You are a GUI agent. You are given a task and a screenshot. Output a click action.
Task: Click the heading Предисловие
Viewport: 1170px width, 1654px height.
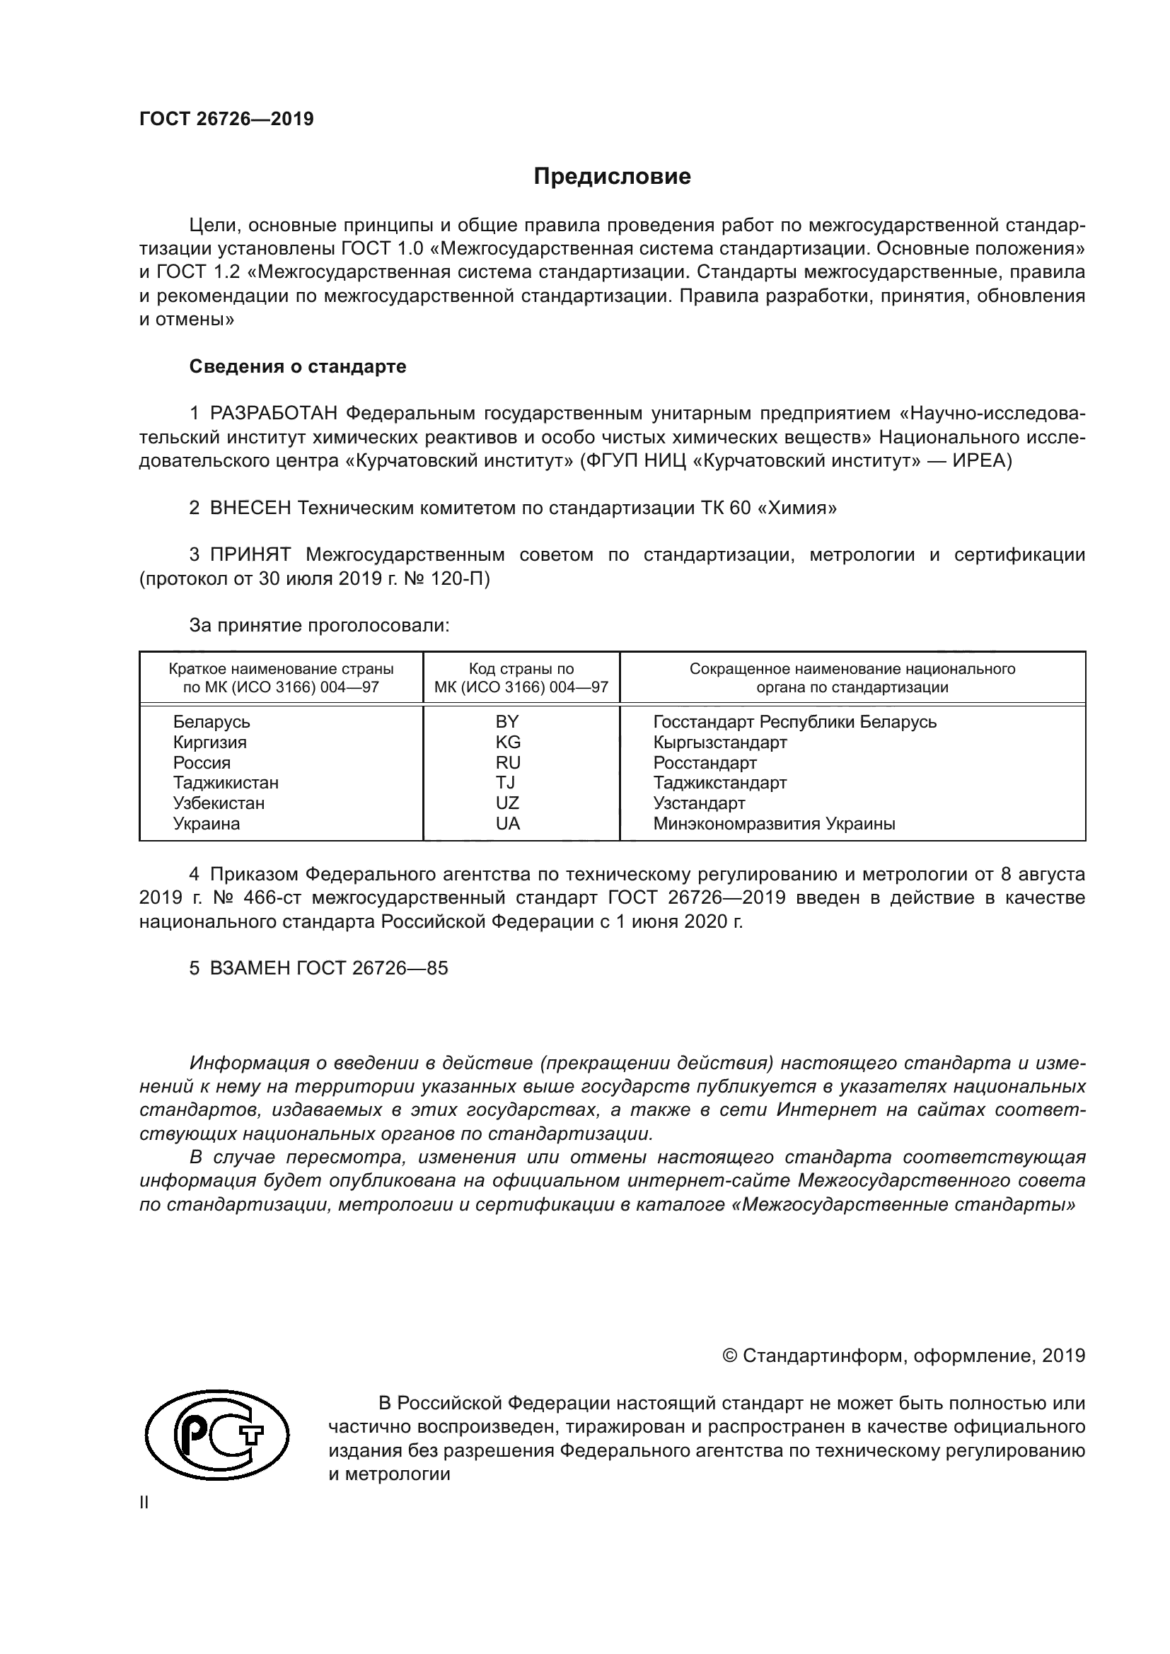(612, 177)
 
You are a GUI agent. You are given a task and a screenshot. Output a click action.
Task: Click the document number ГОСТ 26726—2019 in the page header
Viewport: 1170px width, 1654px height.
(226, 119)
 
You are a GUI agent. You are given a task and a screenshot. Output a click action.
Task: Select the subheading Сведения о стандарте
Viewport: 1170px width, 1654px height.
(298, 367)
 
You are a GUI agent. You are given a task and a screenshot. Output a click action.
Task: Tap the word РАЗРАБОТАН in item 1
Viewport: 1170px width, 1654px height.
(274, 414)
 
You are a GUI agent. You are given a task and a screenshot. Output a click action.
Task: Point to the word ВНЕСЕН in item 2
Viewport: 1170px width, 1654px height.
(250, 508)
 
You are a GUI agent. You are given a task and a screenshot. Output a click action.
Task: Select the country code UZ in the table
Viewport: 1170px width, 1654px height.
(507, 803)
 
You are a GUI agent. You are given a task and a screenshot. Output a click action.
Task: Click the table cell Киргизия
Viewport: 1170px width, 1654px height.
(209, 742)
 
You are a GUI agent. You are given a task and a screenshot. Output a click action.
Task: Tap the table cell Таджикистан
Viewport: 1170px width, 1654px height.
(226, 782)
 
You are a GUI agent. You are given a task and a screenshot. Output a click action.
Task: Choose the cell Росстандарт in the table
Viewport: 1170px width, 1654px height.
(705, 762)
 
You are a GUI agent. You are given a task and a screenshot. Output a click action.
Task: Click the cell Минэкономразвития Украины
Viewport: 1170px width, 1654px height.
(774, 823)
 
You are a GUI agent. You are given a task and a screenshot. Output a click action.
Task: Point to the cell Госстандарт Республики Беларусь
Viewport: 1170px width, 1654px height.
(794, 722)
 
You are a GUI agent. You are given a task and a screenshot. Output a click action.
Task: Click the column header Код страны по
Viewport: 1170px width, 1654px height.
(521, 668)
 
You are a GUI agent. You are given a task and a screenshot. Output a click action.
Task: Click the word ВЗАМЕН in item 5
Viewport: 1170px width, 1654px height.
(250, 968)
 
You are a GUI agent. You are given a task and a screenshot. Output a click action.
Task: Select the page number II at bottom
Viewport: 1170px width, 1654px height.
(144, 1503)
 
